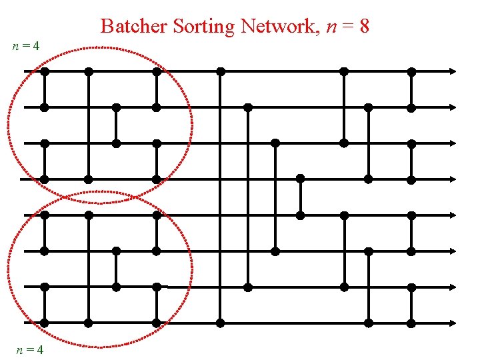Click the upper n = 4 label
click(x=26, y=47)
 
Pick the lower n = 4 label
click(x=31, y=349)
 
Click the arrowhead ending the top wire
click(x=453, y=71)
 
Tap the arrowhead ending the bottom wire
click(x=453, y=323)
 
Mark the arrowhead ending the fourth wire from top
click(x=453, y=179)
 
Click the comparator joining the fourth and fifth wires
click(x=301, y=197)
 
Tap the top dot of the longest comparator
click(x=221, y=71)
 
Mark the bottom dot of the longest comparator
click(x=221, y=323)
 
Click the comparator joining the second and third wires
click(x=116, y=125)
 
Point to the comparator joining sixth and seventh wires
click(x=116, y=269)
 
